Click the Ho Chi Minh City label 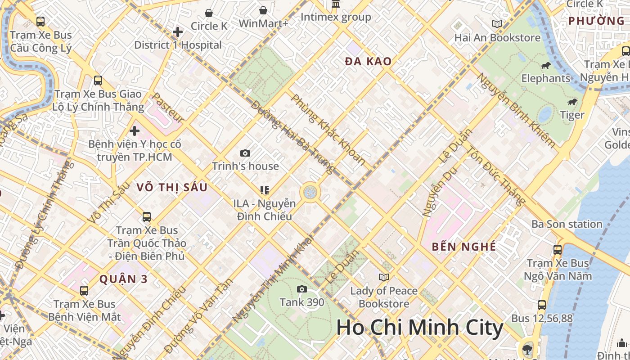tap(419, 328)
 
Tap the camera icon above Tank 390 tap(302, 289)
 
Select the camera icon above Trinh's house tap(245, 153)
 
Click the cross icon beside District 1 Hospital tap(178, 32)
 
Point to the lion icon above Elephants tap(546, 66)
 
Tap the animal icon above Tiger tap(572, 102)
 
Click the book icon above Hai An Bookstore tap(497, 24)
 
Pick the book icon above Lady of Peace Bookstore tap(384, 277)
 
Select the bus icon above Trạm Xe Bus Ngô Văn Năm tap(558, 250)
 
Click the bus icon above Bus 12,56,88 tap(542, 305)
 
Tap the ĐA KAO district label tap(368, 62)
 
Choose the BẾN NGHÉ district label tap(463, 247)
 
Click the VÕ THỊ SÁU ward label tap(172, 187)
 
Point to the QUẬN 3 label tap(123, 279)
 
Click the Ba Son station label tap(567, 224)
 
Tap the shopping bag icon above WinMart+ tap(263, 10)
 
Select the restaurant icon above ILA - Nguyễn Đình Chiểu tap(265, 190)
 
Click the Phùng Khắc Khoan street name tap(328, 129)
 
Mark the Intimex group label tap(336, 18)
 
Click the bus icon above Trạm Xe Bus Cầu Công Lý tap(40, 21)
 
